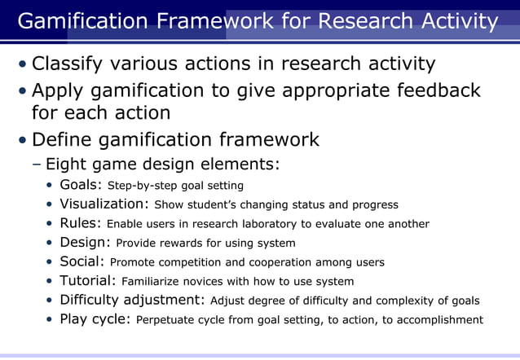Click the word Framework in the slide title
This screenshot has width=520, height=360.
tap(213, 20)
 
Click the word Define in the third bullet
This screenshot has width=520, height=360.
tap(61, 140)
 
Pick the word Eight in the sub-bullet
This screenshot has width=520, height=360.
tap(66, 165)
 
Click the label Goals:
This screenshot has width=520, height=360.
tap(82, 185)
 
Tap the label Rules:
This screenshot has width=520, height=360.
tap(82, 223)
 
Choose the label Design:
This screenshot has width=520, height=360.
tap(86, 242)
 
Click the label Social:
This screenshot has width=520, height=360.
tap(82, 261)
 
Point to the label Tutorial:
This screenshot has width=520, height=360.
tap(88, 281)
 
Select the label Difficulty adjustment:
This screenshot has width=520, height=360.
tap(133, 300)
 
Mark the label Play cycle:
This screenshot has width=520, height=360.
tap(95, 319)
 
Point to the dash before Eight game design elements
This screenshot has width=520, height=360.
tap(37, 165)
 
